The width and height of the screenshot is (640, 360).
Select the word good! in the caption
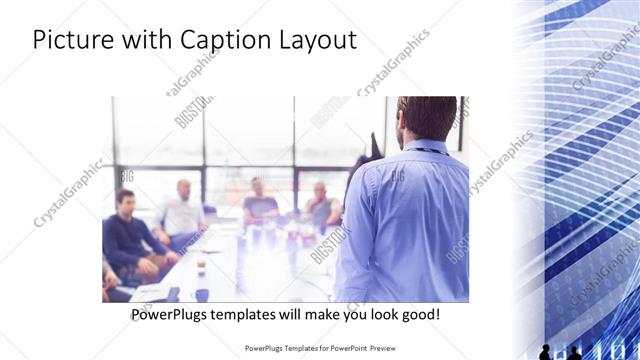(416, 315)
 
